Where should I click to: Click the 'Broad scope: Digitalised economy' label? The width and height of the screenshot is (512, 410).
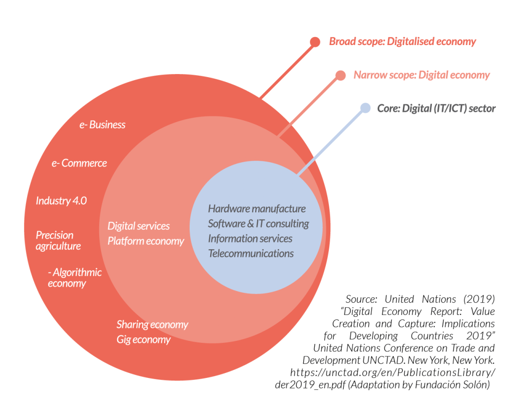402,42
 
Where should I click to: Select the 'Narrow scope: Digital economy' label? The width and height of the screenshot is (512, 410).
421,75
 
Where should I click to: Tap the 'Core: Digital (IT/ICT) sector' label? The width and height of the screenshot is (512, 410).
436,108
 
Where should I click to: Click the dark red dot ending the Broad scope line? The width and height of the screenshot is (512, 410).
315,42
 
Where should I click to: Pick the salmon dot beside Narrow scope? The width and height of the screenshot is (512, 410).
340,75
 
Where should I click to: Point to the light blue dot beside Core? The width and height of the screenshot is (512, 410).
365,108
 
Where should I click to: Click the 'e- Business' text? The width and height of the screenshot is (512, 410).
102,125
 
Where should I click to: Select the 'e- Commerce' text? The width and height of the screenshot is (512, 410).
79,163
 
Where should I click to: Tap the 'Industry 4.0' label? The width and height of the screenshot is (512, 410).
61,201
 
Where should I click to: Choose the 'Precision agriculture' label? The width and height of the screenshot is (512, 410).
58,241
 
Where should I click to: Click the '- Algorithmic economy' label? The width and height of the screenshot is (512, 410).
74,278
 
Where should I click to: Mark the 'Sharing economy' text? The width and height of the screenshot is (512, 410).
152,324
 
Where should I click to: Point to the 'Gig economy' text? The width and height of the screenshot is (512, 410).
144,339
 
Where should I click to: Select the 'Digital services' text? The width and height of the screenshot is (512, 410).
139,226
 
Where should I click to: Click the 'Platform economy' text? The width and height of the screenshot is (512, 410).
146,241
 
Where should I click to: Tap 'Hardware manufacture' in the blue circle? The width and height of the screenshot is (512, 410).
257,209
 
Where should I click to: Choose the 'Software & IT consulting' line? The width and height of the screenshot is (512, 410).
258,223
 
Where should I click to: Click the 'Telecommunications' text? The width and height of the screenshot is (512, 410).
251,253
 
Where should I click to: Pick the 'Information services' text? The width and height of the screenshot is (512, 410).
250,238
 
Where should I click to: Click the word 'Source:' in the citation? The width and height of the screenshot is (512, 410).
361,299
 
